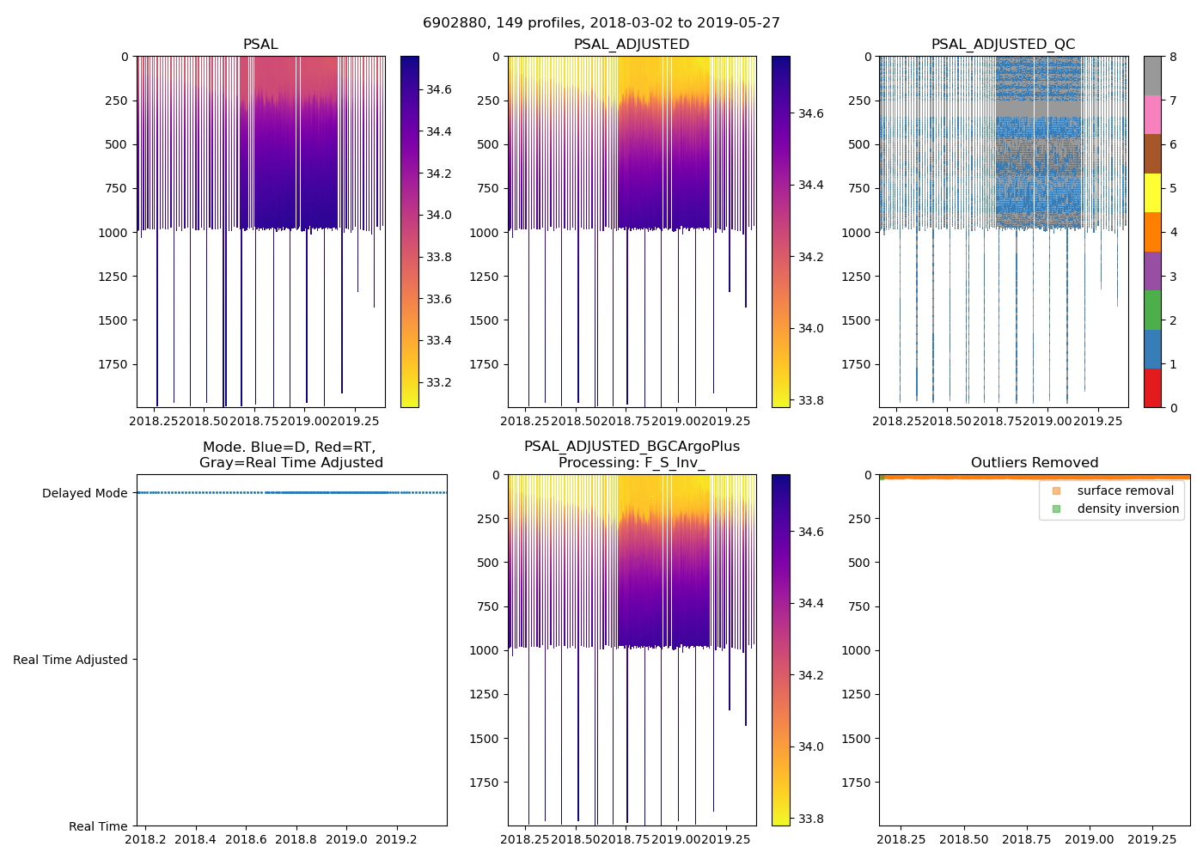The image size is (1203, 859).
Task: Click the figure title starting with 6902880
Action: [x=601, y=23]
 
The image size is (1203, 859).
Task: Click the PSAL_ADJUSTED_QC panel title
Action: [x=1003, y=45]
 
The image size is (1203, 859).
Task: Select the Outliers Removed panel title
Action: [x=1034, y=463]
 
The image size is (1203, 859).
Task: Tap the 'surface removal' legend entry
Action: [x=1125, y=490]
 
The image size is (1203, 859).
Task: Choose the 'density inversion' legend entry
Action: [x=1127, y=509]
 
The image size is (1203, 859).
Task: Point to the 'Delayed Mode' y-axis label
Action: [x=84, y=493]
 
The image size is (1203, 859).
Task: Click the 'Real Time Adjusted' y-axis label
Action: [x=70, y=660]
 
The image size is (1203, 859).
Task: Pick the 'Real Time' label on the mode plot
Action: [x=98, y=826]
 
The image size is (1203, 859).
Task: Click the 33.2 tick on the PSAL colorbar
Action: [x=439, y=382]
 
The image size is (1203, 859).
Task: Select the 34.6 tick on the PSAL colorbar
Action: [x=439, y=89]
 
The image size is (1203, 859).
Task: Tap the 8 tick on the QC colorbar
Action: [x=1173, y=57]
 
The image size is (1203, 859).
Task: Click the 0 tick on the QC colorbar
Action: [x=1173, y=407]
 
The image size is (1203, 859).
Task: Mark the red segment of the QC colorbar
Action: [x=1152, y=387]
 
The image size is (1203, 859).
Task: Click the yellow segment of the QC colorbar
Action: [x=1152, y=192]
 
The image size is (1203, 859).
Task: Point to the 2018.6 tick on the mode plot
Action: [x=246, y=839]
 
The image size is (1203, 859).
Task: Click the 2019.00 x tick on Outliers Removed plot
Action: [x=1090, y=839]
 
